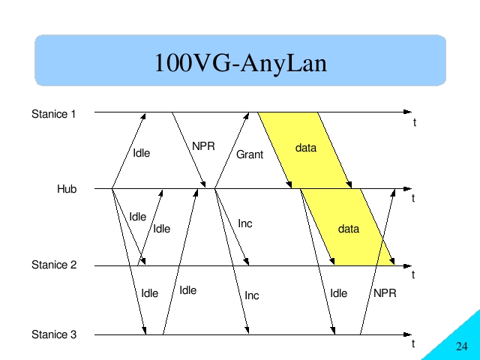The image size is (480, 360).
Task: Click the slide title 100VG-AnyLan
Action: coord(241,63)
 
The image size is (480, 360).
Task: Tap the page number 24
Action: coord(462,346)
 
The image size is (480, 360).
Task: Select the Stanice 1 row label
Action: coord(53,114)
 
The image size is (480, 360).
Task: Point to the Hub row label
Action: coord(67,189)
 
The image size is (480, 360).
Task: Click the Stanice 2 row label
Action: coord(54,265)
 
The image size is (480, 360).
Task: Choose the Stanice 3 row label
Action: coord(54,334)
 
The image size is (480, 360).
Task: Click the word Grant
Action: coord(250,154)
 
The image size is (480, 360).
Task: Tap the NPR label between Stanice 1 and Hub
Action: coord(203,146)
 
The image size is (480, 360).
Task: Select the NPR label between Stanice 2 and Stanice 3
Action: coord(385,293)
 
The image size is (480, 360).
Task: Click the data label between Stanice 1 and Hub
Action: coord(306,148)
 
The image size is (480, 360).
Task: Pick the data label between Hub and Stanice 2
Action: coord(349,229)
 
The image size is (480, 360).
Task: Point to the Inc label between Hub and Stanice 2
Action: coord(245,223)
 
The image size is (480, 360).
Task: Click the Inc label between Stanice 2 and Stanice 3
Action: coord(252,295)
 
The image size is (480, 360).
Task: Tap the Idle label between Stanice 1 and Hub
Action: coord(142,153)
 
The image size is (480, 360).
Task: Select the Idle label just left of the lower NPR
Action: coord(338,293)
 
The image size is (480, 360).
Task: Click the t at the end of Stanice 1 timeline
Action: coord(415,122)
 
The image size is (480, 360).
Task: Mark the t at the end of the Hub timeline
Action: coord(413,198)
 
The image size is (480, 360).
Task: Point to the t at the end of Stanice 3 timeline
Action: coord(413,343)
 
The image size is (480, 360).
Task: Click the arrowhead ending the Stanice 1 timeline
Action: coord(408,112)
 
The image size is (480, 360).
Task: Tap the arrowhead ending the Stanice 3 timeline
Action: coord(408,334)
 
